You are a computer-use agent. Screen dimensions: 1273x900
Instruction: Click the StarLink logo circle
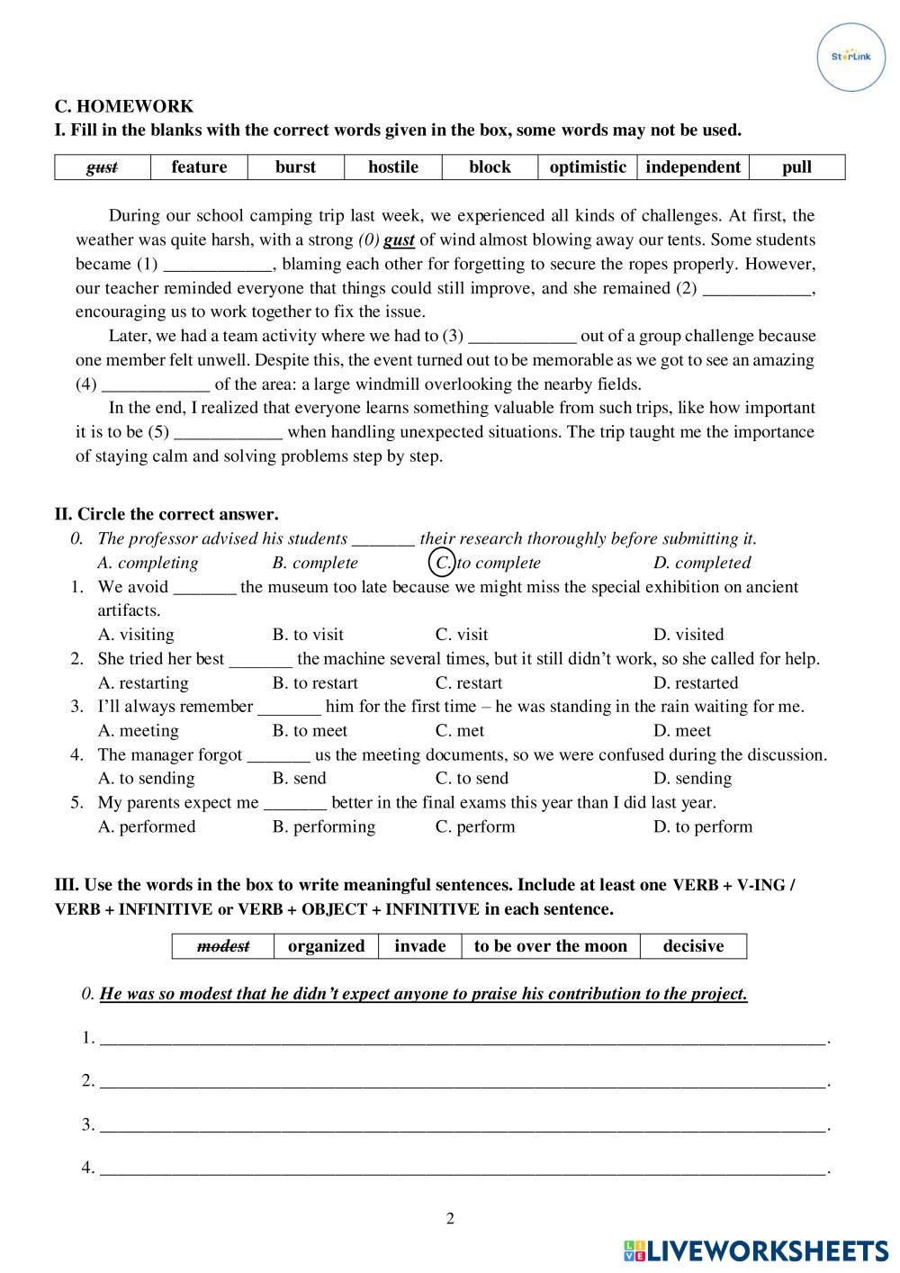click(x=850, y=57)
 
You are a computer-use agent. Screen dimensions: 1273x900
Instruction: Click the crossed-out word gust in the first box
click(x=102, y=167)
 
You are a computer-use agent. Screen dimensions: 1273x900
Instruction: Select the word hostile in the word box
click(x=393, y=167)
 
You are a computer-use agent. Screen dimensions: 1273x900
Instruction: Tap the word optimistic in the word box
click(x=588, y=167)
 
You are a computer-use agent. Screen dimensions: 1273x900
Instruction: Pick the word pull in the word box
click(x=796, y=167)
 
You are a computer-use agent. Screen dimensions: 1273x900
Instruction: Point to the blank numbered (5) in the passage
click(x=228, y=433)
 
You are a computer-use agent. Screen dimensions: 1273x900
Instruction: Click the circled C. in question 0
click(x=442, y=563)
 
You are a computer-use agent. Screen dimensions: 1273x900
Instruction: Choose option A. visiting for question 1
click(x=136, y=635)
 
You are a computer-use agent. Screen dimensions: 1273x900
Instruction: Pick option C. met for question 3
click(x=459, y=731)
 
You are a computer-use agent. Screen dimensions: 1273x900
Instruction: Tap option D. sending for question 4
click(x=692, y=779)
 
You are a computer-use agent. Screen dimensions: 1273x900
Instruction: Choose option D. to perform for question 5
click(x=702, y=826)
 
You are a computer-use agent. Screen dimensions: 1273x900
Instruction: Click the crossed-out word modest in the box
click(x=223, y=946)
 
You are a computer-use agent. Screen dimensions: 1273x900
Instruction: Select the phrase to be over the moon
click(x=550, y=946)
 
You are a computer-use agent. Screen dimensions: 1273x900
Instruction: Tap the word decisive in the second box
click(x=693, y=946)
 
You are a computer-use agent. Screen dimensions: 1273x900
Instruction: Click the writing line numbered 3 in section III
click(x=463, y=1124)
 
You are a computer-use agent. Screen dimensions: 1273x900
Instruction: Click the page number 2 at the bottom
click(x=450, y=1219)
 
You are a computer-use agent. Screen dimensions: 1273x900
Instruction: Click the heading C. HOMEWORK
click(x=124, y=106)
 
